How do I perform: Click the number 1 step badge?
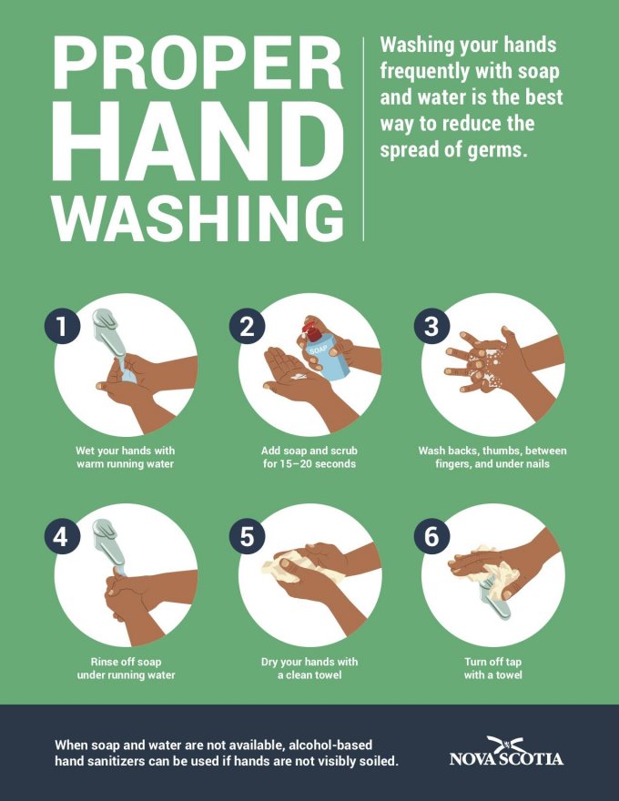pos(62,326)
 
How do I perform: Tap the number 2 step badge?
pos(247,326)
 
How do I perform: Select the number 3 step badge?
pos(431,326)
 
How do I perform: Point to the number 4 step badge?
pos(62,536)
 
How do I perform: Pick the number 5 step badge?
pos(247,536)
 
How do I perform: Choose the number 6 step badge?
pos(431,536)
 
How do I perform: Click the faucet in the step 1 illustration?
pos(109,332)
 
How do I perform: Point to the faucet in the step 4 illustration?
pos(110,544)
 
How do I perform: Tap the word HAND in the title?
pos(198,141)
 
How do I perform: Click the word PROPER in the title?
pos(198,62)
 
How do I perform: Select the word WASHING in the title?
pos(198,218)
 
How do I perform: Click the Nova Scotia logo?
pos(507,752)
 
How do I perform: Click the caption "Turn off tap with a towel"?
pos(492,668)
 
